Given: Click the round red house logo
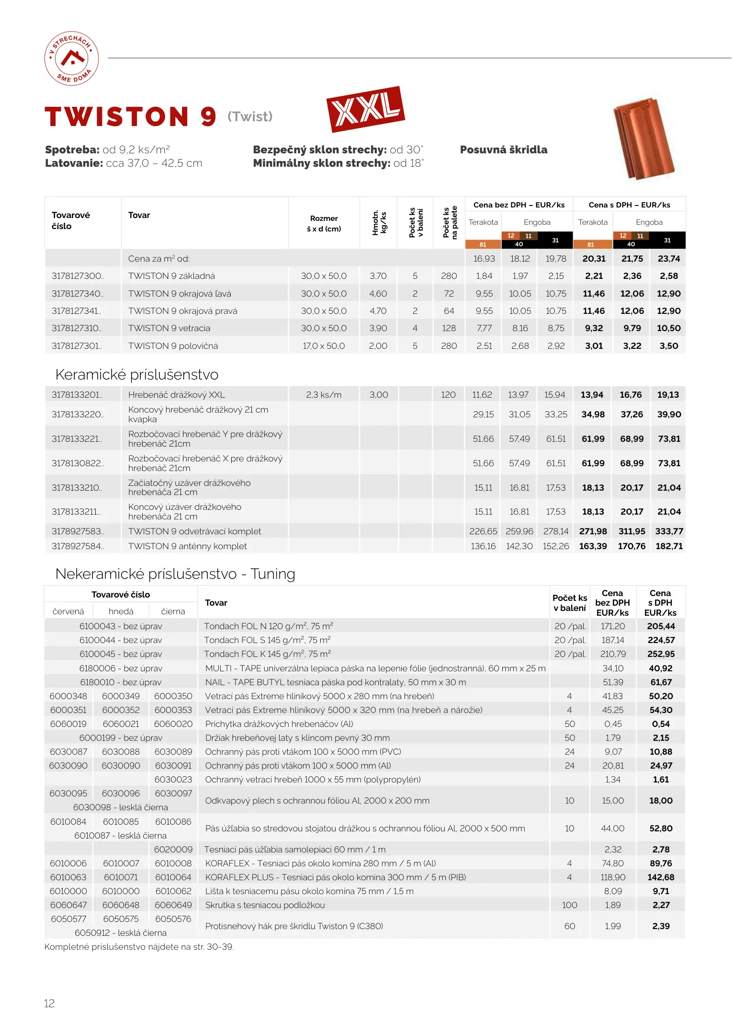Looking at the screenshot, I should [x=71, y=58].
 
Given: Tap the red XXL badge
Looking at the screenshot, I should [x=365, y=109].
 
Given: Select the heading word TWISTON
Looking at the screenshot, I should [x=117, y=117].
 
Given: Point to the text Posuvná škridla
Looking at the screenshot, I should [x=503, y=149].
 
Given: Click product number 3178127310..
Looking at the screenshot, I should [x=77, y=328].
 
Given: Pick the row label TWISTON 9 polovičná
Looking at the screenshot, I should [x=173, y=346].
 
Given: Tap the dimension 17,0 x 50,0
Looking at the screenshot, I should [x=324, y=346].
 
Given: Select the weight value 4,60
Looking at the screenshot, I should [x=378, y=294].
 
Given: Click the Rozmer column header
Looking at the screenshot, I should [x=324, y=223].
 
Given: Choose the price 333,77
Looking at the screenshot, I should [x=669, y=531].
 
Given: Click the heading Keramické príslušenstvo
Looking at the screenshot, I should [x=137, y=375].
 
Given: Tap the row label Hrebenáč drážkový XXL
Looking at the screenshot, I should [x=176, y=395].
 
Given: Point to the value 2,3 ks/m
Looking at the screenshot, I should [x=324, y=395].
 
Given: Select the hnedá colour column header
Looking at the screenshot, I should [x=121, y=611].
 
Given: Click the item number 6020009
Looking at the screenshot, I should [x=173, y=850].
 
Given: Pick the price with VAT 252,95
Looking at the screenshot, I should [x=661, y=654].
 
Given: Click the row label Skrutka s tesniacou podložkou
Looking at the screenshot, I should [x=265, y=905].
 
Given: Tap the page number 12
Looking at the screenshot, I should [x=49, y=1003].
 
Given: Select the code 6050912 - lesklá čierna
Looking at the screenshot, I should [x=121, y=933].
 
